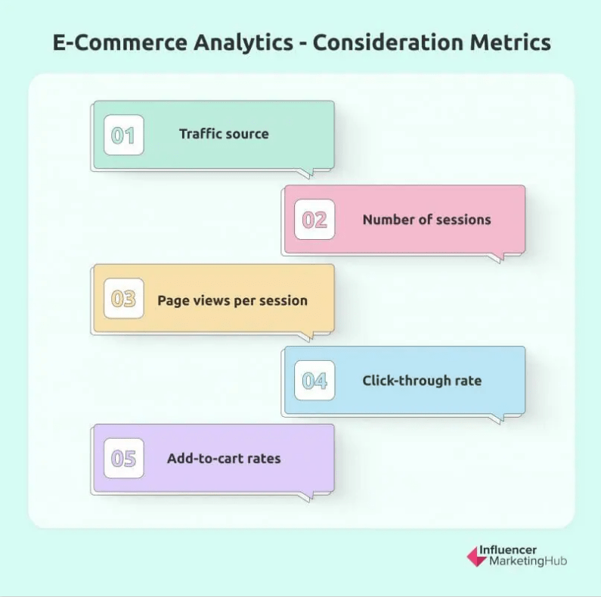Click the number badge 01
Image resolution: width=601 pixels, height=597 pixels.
pos(123,135)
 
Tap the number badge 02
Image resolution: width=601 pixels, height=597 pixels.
pos(314,220)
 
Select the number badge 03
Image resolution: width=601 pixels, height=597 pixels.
pos(123,299)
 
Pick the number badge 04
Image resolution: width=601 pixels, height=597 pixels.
pos(314,381)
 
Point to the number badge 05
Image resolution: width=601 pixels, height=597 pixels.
pos(123,459)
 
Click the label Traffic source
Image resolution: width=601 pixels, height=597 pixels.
pos(224,134)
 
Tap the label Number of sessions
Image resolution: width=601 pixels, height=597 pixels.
pos(426,219)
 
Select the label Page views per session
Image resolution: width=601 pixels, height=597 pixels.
pos(232,300)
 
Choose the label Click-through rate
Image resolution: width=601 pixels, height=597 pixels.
pos(422,381)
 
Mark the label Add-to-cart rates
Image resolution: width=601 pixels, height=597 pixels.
pos(224,458)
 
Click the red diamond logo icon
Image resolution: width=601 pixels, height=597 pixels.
pos(477,557)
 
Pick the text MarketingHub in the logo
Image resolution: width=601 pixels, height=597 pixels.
pos(528,562)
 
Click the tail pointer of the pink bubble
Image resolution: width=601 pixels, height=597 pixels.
pos(494,257)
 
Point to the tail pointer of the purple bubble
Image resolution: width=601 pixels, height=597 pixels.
pos(303,496)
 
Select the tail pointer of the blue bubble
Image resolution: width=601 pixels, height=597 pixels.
pos(494,418)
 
